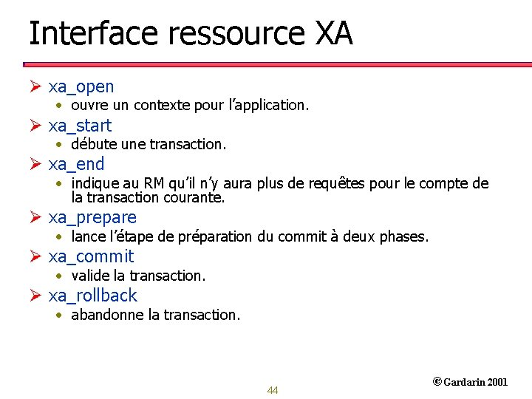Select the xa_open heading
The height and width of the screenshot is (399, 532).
(x=81, y=86)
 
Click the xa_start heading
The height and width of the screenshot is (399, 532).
(x=80, y=126)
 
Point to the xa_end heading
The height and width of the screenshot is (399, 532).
(x=76, y=164)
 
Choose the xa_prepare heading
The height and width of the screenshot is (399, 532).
(x=92, y=217)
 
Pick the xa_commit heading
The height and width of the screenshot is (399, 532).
(x=91, y=256)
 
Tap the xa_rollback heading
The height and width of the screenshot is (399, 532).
(x=93, y=296)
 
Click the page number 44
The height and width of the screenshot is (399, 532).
(x=273, y=390)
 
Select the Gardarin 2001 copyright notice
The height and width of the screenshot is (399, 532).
(x=470, y=382)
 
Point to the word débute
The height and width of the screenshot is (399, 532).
(x=91, y=144)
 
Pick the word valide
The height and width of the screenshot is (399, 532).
(x=89, y=276)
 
